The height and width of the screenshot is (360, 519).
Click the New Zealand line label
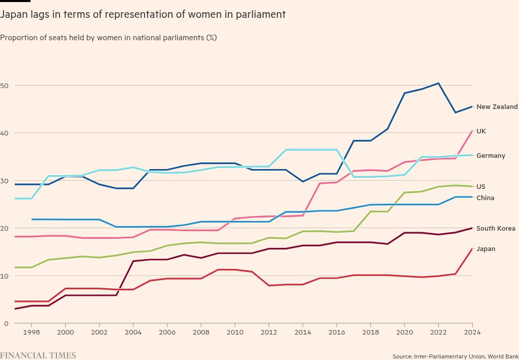tap(497, 107)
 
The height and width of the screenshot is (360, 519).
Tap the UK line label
tap(481, 131)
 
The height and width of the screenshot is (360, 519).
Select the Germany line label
tap(491, 156)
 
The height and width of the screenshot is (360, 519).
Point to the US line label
tap(481, 187)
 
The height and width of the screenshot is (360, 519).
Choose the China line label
tap(485, 198)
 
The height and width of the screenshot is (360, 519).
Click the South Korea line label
tap(496, 229)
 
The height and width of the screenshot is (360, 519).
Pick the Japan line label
tap(485, 249)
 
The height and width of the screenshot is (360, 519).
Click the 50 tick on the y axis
tap(4, 86)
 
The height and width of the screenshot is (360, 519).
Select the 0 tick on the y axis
tap(6, 323)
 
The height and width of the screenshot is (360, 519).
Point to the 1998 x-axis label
tap(32, 332)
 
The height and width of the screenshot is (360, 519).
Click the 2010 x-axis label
tap(235, 332)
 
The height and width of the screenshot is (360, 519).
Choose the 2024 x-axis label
tap(472, 332)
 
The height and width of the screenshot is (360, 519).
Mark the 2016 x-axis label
tap(336, 332)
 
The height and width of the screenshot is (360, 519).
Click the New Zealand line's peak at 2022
tap(438, 83)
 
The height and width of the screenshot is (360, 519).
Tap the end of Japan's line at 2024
tap(472, 248)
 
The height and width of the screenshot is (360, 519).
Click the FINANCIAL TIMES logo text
tap(38, 355)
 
